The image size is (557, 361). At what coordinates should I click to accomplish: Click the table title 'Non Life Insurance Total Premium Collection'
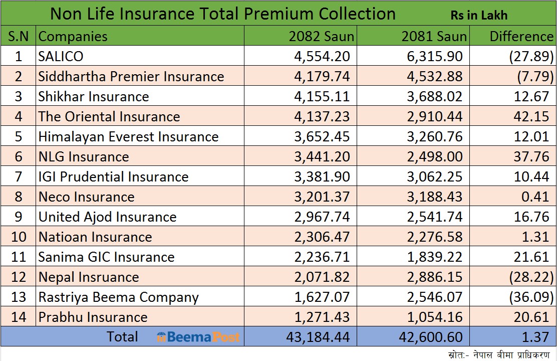tap(222, 14)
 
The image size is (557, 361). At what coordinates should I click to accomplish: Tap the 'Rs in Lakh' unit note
tap(478, 15)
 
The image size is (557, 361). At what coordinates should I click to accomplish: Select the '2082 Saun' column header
tap(321, 36)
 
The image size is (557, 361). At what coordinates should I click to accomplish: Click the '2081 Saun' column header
tap(434, 36)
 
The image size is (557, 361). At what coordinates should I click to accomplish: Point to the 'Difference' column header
tap(521, 36)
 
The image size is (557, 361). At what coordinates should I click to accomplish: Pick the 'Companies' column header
tap(73, 36)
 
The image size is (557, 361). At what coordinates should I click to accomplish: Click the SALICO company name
tap(61, 56)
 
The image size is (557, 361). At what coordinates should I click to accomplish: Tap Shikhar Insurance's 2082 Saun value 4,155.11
tap(322, 96)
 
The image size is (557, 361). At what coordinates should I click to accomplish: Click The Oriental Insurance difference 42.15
tap(531, 116)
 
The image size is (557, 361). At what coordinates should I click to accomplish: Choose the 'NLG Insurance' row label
tap(84, 156)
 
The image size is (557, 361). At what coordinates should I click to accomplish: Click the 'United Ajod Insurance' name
tap(107, 217)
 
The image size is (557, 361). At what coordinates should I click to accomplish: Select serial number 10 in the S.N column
tap(19, 237)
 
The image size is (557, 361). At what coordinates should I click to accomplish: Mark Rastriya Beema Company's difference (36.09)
tap(531, 297)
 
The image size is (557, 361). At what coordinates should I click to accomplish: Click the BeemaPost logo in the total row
tap(198, 337)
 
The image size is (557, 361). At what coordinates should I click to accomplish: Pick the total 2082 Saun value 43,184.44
tap(318, 337)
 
